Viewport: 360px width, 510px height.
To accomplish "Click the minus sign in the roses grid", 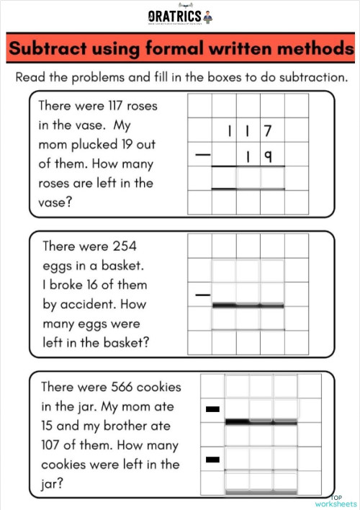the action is [x=204, y=155].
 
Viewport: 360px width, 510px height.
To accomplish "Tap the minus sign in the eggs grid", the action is [x=204, y=295].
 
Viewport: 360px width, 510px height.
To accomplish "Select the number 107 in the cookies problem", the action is [x=57, y=445].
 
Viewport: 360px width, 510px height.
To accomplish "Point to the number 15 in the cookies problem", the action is [x=50, y=426].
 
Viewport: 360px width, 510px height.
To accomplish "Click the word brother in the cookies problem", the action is [x=133, y=426].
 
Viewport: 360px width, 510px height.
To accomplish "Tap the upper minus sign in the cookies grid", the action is [x=212, y=409].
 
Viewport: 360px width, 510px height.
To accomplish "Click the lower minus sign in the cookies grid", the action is [x=212, y=458].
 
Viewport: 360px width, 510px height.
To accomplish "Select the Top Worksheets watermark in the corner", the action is [x=343, y=501].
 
